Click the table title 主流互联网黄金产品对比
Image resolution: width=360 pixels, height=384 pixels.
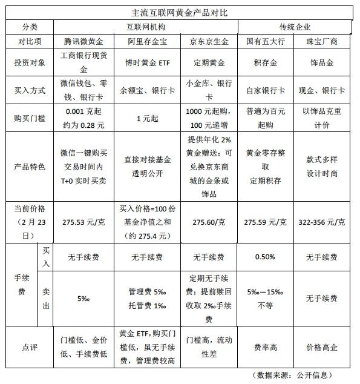(x=180, y=12)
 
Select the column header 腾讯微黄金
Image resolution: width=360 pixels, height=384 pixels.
(x=84, y=42)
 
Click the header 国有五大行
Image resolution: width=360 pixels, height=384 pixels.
(x=266, y=42)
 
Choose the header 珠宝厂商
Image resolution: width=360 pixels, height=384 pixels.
(x=322, y=42)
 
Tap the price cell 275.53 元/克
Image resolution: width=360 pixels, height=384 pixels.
(x=84, y=222)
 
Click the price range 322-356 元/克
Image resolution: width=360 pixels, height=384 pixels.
(x=322, y=222)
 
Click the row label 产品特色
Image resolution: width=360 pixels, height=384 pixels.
(x=29, y=167)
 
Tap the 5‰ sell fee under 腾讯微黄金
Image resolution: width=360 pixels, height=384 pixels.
(x=84, y=298)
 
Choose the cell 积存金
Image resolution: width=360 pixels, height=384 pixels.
(x=266, y=62)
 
